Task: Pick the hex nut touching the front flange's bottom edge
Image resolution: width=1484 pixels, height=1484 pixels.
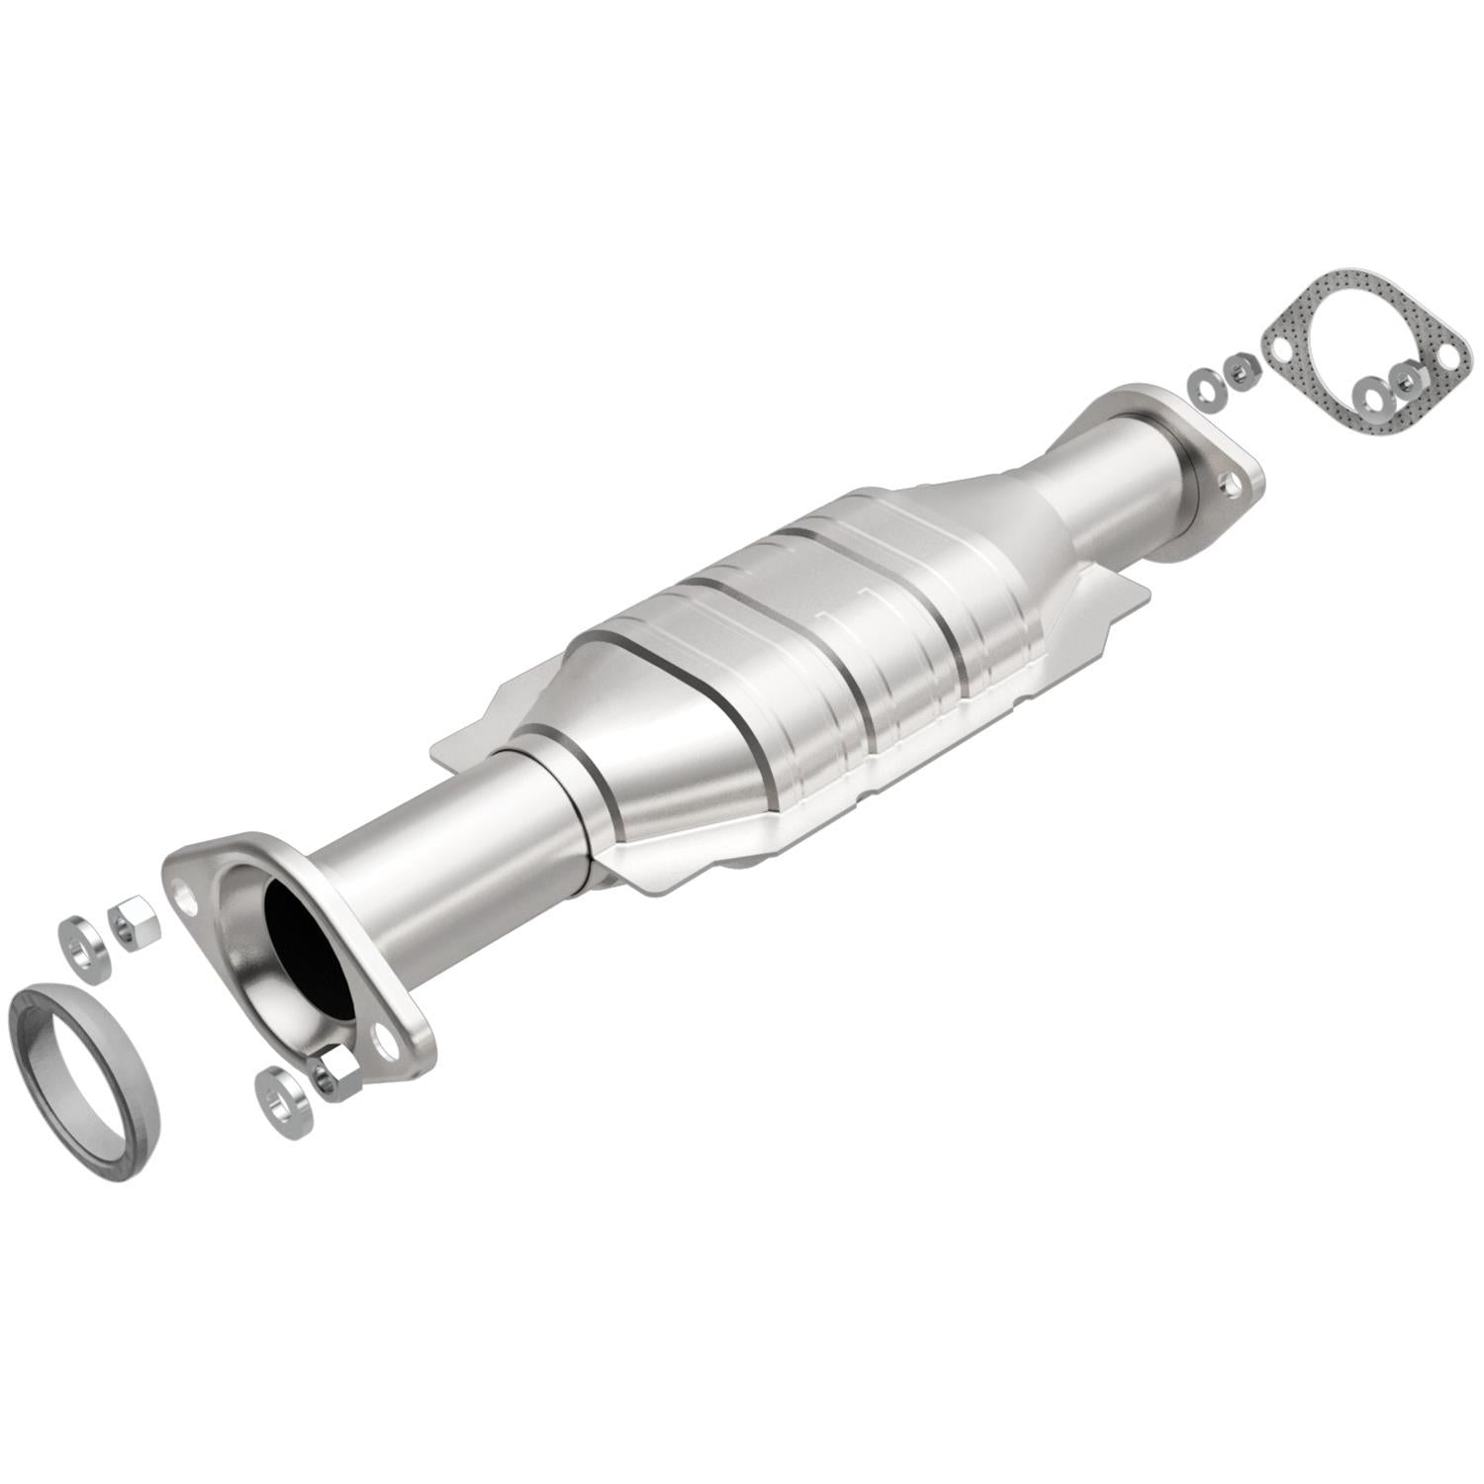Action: [x=337, y=1074]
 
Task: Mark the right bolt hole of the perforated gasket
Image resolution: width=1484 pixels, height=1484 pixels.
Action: [x=1450, y=353]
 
